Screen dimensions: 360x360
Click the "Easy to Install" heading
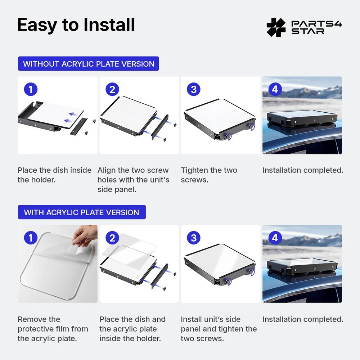76,25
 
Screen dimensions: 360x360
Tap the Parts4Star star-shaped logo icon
276,27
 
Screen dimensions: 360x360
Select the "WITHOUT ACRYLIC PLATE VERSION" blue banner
89,64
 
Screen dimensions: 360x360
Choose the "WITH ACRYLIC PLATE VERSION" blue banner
82,212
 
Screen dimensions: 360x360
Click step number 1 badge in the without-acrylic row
31,89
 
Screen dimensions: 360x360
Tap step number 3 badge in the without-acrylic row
194,89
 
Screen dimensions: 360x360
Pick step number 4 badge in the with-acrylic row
275,238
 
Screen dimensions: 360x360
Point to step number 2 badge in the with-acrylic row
112,238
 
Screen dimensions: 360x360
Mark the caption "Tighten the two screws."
209,175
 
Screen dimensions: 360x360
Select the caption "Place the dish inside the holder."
55,175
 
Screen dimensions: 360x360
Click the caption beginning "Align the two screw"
134,180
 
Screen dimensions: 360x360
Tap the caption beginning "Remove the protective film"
53,329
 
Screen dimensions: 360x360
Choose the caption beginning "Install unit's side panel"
219,329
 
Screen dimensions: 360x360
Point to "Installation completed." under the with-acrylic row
303,319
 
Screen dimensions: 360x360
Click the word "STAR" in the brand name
308,31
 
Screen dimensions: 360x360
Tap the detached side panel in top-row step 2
160,127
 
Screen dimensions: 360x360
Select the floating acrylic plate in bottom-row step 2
130,251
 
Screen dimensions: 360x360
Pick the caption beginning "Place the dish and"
132,329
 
